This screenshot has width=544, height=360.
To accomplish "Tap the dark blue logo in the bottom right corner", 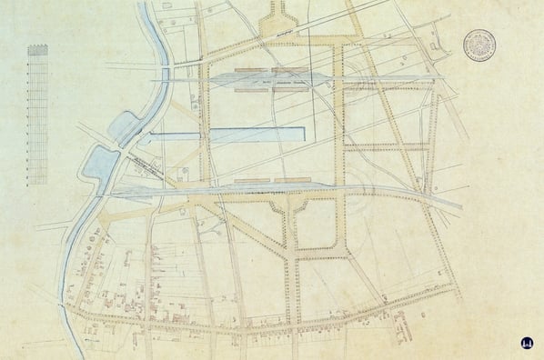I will click(x=527, y=344).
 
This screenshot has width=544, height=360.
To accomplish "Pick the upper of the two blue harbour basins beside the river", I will click(x=126, y=128).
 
